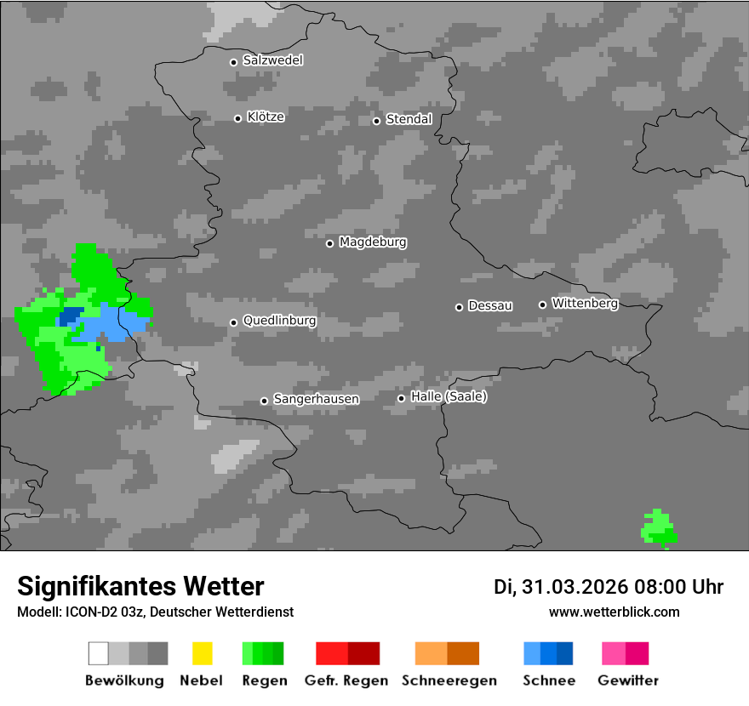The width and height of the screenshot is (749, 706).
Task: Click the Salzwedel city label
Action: [272, 60]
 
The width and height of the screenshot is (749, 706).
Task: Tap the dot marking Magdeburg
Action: [329, 243]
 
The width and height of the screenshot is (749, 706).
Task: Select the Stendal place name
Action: [409, 119]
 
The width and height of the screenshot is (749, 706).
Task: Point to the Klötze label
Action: [266, 117]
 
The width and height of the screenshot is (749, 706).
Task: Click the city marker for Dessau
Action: [459, 307]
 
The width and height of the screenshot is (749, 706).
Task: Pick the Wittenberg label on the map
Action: [585, 303]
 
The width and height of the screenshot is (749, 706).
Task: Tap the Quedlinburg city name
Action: [279, 321]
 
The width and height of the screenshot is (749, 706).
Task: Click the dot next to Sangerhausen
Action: [264, 401]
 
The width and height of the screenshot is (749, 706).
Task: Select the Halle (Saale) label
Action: [449, 396]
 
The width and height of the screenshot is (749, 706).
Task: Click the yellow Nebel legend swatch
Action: [202, 653]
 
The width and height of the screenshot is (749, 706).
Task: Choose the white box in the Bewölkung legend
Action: [98, 653]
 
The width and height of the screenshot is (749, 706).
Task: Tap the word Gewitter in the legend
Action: [628, 680]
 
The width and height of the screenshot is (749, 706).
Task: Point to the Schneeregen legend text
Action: [449, 680]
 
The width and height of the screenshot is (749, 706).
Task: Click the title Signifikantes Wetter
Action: [140, 586]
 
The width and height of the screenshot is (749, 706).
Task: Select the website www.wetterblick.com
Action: [614, 612]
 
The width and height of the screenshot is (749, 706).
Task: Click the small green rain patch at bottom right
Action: [658, 528]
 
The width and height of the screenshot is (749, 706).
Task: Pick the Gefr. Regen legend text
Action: [346, 680]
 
